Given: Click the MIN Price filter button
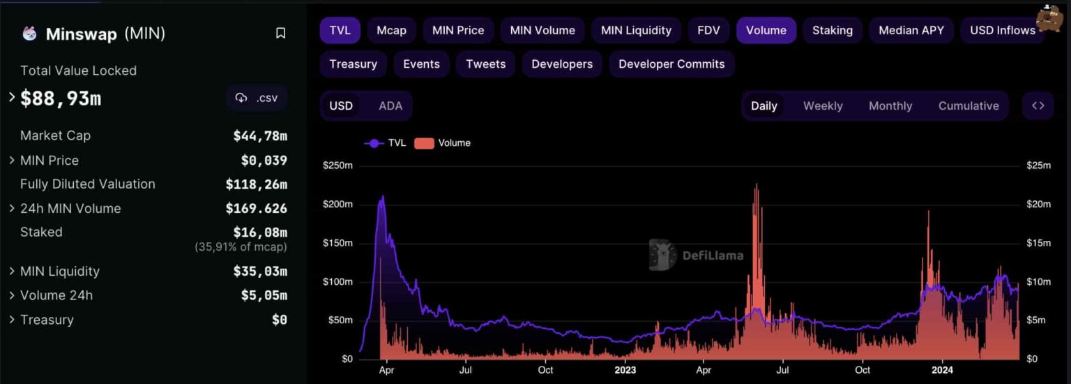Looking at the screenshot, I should pos(458,31).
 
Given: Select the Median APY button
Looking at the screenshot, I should pos(911,31).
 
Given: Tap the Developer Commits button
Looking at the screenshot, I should pos(671,64).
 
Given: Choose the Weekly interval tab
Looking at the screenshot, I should pos(823,106).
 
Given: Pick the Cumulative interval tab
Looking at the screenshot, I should pos(969,106).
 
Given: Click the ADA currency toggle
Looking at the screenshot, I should pos(390,106).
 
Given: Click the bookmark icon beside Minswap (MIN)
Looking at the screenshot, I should pos(280,34).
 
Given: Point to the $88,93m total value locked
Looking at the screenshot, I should pos(61,98).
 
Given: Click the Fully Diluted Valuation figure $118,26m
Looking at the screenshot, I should pos(256,184).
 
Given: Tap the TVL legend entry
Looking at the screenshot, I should pos(385,143).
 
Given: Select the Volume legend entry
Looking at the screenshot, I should pos(443,143).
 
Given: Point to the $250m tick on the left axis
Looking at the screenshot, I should pos(337,165).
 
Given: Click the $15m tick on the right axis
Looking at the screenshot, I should pos(1039,243).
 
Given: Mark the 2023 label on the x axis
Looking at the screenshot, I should pos(625,370).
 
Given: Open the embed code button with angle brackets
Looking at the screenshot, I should pos(1038,106).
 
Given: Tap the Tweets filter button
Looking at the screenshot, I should pos(485,64).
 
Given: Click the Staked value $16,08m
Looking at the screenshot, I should pos(259,232).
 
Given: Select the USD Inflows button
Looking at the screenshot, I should pos(1002,31).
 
